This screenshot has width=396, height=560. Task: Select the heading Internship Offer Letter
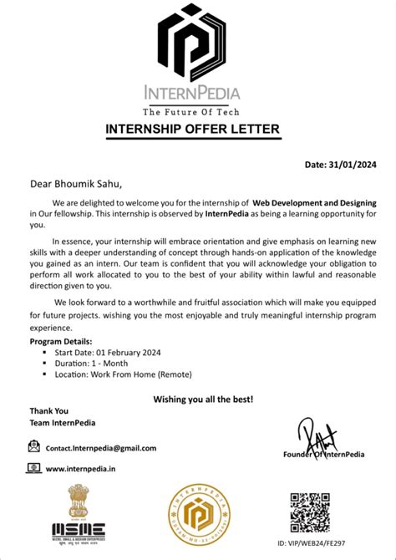(x=192, y=129)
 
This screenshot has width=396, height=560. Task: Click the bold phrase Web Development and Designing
(x=314, y=203)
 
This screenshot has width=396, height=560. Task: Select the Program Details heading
(x=61, y=342)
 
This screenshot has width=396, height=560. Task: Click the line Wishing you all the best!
(x=203, y=400)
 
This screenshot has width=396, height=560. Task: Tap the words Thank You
(x=49, y=411)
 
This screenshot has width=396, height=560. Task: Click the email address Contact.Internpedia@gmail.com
(x=101, y=448)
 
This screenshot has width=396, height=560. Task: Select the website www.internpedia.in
(x=81, y=469)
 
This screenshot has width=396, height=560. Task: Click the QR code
(x=311, y=512)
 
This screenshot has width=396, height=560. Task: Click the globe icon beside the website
(x=33, y=469)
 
